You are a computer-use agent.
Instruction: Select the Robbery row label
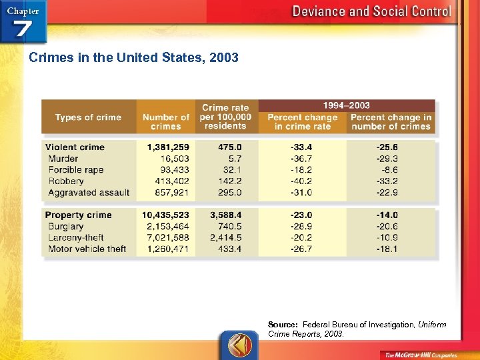pyautogui.click(x=66, y=181)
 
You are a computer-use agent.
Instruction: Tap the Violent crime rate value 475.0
pyautogui.click(x=229, y=147)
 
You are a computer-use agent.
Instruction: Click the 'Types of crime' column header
pyautogui.click(x=88, y=117)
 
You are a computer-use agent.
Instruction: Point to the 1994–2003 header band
pyautogui.click(x=346, y=105)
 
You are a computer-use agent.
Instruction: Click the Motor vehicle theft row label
pyautogui.click(x=87, y=249)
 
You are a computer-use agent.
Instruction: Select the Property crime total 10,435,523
pyautogui.click(x=165, y=215)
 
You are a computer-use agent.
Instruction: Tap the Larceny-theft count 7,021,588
pyautogui.click(x=165, y=238)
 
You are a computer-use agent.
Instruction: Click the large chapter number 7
pyautogui.click(x=22, y=30)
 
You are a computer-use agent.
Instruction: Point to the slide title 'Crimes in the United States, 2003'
pyautogui.click(x=133, y=58)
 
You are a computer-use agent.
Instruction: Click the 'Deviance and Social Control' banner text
pyautogui.click(x=371, y=11)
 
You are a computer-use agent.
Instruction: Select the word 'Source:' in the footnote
pyautogui.click(x=283, y=325)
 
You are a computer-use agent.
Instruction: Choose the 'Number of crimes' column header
pyautogui.click(x=166, y=121)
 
